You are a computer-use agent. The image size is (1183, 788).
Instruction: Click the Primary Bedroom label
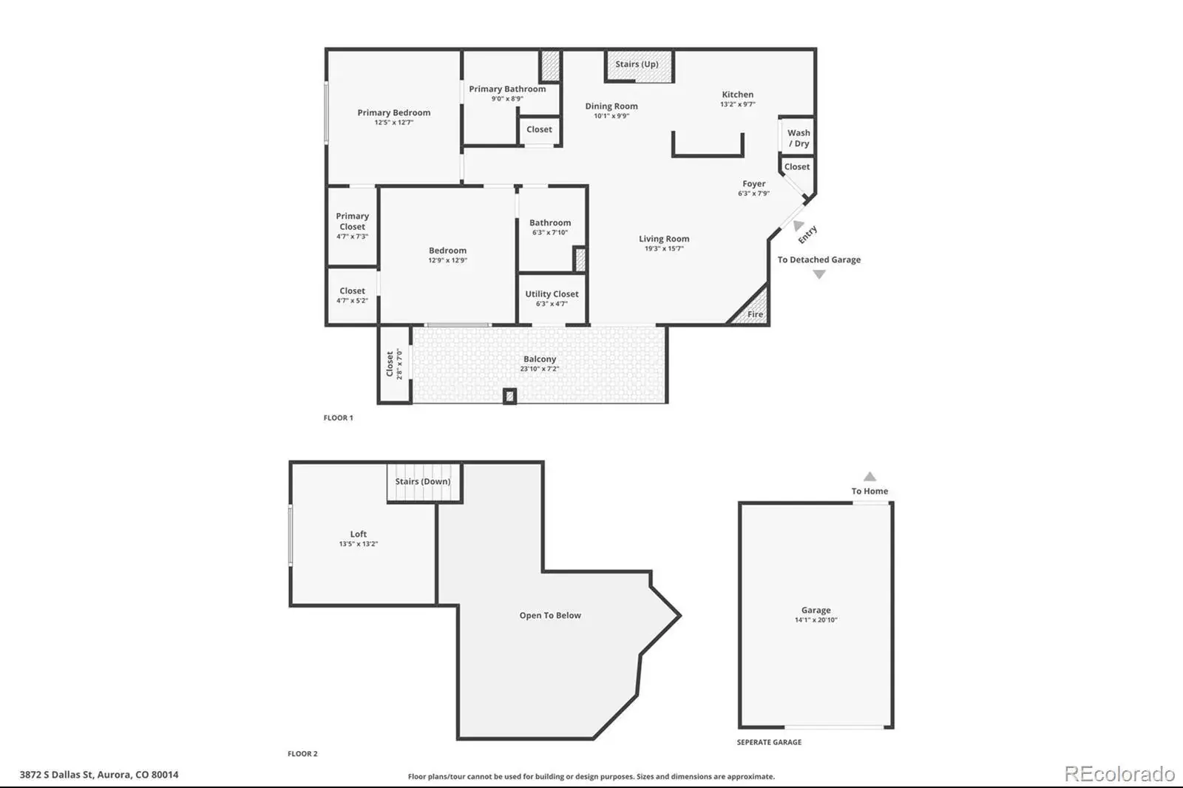click(393, 112)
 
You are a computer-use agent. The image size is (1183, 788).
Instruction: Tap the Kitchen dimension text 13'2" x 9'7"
click(737, 104)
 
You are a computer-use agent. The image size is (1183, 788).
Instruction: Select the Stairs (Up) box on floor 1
click(639, 66)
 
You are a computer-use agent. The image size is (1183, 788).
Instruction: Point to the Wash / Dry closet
click(798, 137)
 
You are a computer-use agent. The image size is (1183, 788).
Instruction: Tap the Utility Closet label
click(552, 293)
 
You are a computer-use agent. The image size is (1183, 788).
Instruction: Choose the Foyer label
click(753, 184)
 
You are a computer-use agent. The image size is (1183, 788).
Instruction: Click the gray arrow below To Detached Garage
click(818, 274)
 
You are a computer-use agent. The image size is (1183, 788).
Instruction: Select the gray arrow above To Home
click(870, 476)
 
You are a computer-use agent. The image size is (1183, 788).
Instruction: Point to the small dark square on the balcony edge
click(509, 396)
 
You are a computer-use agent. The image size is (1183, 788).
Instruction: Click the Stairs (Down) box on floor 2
click(424, 482)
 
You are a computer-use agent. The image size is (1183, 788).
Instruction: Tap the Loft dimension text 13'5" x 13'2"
click(358, 544)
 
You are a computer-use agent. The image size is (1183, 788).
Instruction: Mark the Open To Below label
click(550, 615)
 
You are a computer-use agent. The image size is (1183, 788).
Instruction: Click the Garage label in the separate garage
click(816, 610)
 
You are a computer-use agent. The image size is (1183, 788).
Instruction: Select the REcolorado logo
click(1119, 774)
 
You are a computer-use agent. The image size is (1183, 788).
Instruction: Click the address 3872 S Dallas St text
click(56, 774)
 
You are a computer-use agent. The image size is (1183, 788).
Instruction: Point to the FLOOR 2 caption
click(302, 754)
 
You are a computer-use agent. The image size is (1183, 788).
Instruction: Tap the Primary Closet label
click(352, 221)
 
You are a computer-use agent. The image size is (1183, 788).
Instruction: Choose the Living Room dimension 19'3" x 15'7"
click(664, 249)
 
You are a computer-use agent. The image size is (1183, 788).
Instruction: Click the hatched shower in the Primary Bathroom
click(549, 66)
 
